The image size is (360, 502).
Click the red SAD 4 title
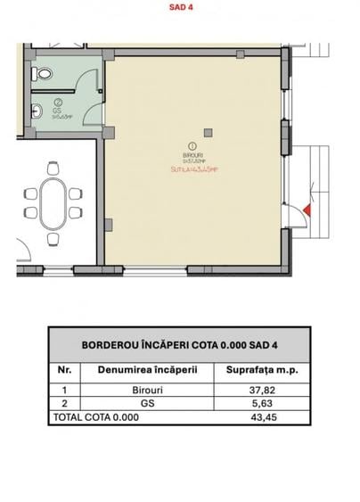pos(180,8)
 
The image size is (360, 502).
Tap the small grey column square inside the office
pos(208,133)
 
